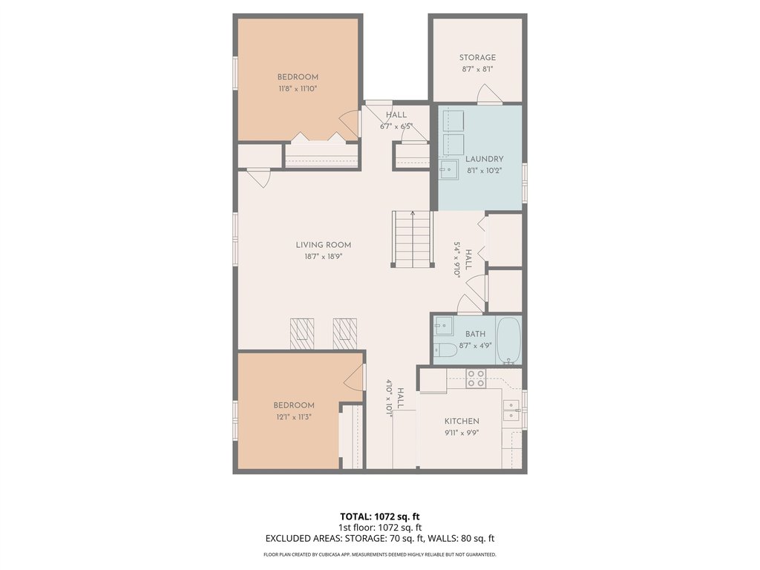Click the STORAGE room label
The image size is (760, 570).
[x=477, y=58]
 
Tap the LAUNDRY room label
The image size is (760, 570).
[x=484, y=159]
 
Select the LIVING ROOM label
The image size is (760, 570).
[x=324, y=245]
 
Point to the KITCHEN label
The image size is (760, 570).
[x=462, y=422]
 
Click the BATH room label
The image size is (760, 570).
[x=476, y=334]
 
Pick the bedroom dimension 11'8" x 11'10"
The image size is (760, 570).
[x=298, y=89]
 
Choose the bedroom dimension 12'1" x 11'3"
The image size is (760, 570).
[x=294, y=417]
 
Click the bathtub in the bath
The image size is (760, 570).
[x=508, y=340]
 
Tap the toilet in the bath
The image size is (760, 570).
[x=445, y=350]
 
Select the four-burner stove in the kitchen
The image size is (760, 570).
[x=476, y=379]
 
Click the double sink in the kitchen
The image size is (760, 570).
[x=511, y=410]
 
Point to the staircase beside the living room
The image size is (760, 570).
[x=412, y=239]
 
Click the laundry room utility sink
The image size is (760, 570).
[x=449, y=170]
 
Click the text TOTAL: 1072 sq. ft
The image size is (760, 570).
[x=376, y=517]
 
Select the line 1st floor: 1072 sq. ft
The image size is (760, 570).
[x=379, y=528]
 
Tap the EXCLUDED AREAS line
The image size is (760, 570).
[x=379, y=539]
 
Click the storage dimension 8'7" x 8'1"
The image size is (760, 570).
[x=477, y=69]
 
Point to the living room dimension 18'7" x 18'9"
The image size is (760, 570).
[x=324, y=257]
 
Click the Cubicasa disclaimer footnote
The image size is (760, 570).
[x=379, y=554]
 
